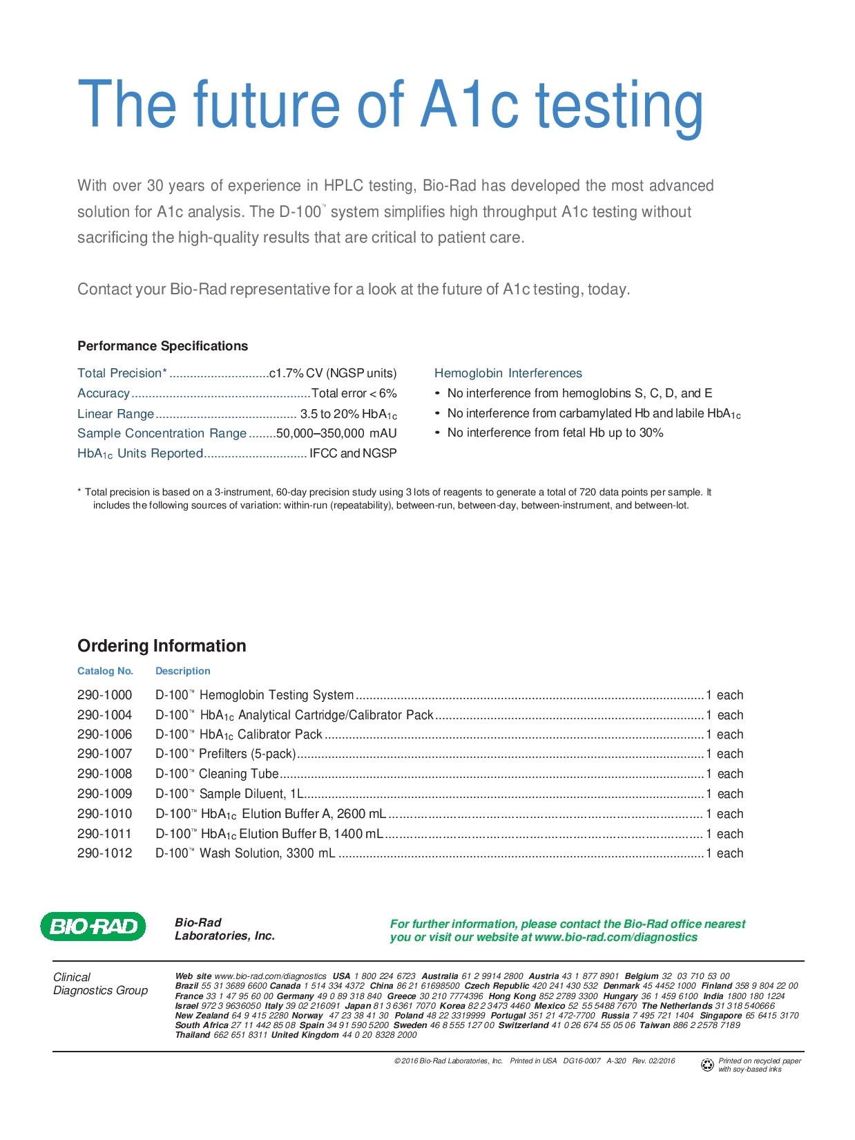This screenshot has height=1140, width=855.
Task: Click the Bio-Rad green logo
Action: pyautogui.click(x=93, y=927)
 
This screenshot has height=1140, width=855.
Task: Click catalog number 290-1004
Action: pyautogui.click(x=104, y=715)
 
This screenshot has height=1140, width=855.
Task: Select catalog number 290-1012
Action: pyautogui.click(x=104, y=853)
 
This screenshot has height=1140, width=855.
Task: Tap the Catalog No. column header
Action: pyautogui.click(x=105, y=671)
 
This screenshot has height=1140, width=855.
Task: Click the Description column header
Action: pyautogui.click(x=182, y=671)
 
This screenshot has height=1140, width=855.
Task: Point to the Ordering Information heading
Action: pyautogui.click(x=162, y=646)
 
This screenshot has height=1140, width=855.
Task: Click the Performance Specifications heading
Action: pyautogui.click(x=162, y=346)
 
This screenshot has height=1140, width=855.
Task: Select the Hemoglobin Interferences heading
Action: pyautogui.click(x=508, y=373)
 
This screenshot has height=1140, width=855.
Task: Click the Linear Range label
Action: pyautogui.click(x=115, y=414)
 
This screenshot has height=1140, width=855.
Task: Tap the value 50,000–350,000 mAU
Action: pyautogui.click(x=336, y=433)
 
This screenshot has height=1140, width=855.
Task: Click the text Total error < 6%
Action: pyautogui.click(x=354, y=393)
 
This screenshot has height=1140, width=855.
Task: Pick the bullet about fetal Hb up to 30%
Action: pyautogui.click(x=555, y=433)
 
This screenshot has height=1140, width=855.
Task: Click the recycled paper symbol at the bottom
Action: pyautogui.click(x=707, y=1065)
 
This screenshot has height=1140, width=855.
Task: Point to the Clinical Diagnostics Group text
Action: pyautogui.click(x=100, y=984)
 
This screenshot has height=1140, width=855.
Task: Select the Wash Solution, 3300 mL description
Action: pyautogui.click(x=246, y=853)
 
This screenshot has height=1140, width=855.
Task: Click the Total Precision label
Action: pyautogui.click(x=122, y=373)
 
